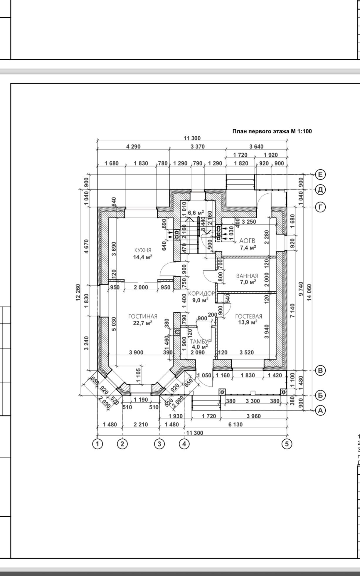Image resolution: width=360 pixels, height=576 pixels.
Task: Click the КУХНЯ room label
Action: click(x=143, y=250)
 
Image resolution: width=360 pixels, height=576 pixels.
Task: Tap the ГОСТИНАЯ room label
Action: click(x=143, y=317)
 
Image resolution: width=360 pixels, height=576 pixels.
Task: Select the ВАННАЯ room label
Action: click(x=247, y=276)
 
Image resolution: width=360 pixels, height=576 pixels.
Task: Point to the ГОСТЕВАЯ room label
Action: click(x=248, y=317)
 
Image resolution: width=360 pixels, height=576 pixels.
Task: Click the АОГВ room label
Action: click(x=247, y=241)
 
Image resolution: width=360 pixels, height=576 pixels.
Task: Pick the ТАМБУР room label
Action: click(x=200, y=341)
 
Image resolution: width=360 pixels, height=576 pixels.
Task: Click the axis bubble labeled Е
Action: click(x=320, y=175)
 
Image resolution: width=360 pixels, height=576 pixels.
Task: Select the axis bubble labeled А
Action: click(x=320, y=410)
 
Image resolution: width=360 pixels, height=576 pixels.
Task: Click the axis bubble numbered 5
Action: click(x=287, y=444)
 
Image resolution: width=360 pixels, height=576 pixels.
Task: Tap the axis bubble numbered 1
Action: click(x=97, y=444)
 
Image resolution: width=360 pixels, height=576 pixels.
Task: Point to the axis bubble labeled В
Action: click(x=320, y=370)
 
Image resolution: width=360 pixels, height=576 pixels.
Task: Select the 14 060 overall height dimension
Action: click(x=309, y=292)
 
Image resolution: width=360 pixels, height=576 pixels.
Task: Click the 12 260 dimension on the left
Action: click(x=78, y=292)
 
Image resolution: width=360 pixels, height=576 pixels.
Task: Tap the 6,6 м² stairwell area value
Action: click(x=196, y=212)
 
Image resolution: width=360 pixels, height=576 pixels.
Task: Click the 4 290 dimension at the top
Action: click(x=133, y=146)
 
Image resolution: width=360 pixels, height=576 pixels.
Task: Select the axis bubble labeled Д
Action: click(x=320, y=190)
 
